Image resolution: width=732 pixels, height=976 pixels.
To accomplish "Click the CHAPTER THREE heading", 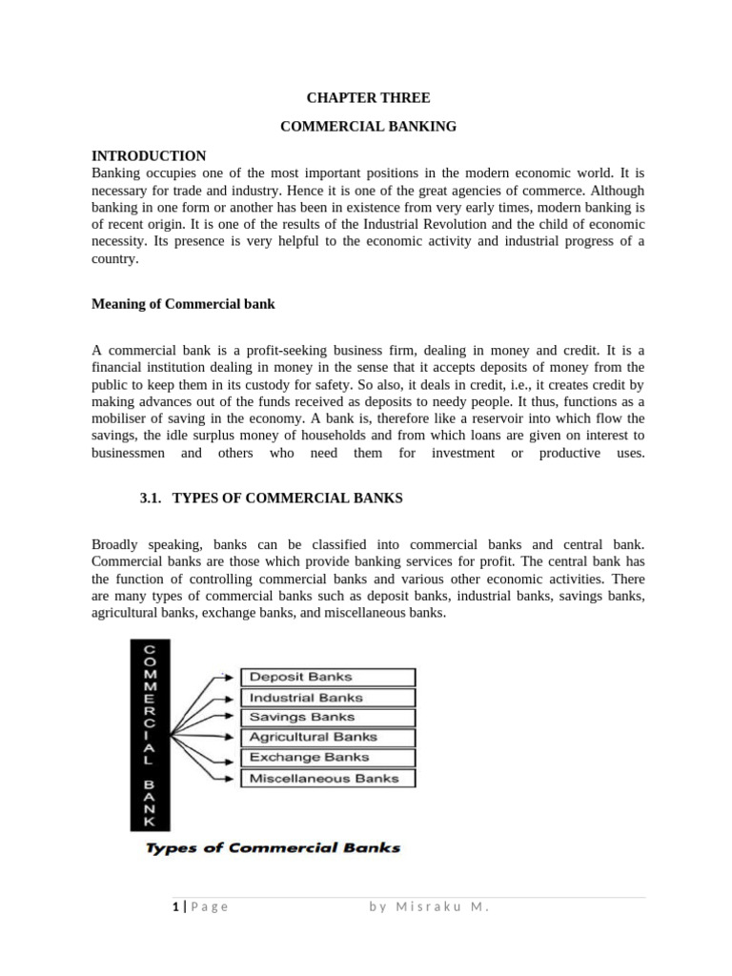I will click(x=368, y=97).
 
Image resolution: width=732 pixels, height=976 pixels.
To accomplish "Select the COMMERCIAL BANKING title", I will click(x=368, y=126).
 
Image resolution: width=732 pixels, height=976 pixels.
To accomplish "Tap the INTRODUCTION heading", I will click(x=149, y=155).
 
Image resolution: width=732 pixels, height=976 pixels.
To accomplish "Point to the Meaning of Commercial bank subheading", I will click(x=183, y=304).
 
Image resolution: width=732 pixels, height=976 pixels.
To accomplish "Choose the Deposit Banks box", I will click(x=327, y=677).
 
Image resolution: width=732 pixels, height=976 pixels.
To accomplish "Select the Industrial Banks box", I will click(x=327, y=697).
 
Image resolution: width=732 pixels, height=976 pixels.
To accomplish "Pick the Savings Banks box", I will click(x=327, y=717).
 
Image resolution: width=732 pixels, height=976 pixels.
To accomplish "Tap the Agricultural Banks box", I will click(x=327, y=737).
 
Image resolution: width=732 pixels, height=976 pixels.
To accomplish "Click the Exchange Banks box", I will click(x=327, y=758).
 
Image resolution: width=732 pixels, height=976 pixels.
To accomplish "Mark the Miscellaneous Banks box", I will click(x=327, y=779).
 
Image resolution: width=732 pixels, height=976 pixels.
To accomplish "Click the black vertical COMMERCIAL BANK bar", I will click(x=150, y=734).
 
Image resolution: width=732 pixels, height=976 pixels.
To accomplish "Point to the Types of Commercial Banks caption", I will click(x=273, y=847).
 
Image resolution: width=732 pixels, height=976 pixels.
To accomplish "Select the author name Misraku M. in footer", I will click(x=429, y=906).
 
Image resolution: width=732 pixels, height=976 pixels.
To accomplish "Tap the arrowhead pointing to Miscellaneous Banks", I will click(x=230, y=780).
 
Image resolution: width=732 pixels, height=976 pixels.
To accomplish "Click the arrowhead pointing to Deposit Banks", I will click(x=230, y=677).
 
